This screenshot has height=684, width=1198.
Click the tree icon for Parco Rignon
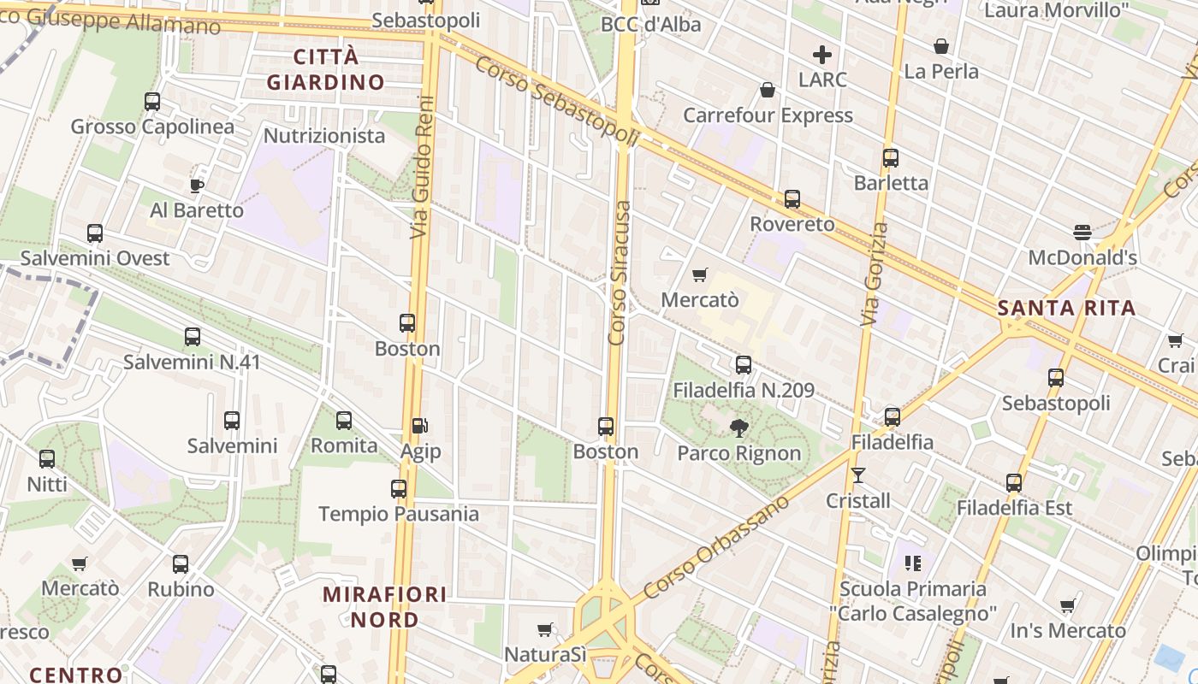point(738,427)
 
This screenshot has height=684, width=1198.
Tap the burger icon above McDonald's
point(1082,232)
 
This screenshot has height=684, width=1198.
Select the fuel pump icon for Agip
point(419,425)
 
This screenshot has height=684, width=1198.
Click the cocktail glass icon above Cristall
point(858,475)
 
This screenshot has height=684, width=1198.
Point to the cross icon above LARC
point(822,56)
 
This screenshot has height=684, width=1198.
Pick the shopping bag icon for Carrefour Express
point(768,90)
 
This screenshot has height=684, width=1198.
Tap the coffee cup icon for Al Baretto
point(197,185)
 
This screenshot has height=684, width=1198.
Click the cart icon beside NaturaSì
point(544,630)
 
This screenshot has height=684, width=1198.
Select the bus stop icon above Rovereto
point(792,199)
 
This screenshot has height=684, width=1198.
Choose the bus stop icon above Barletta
point(891,158)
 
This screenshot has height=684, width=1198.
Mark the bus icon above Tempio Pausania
point(399,489)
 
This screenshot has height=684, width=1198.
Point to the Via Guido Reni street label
point(421,167)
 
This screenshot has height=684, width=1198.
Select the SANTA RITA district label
point(1067,308)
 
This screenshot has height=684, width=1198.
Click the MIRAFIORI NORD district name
point(384,606)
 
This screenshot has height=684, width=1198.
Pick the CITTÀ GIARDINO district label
point(326,69)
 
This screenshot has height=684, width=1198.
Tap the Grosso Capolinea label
point(152,127)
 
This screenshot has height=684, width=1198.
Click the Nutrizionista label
point(324,136)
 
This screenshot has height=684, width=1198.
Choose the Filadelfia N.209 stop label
point(744,391)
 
